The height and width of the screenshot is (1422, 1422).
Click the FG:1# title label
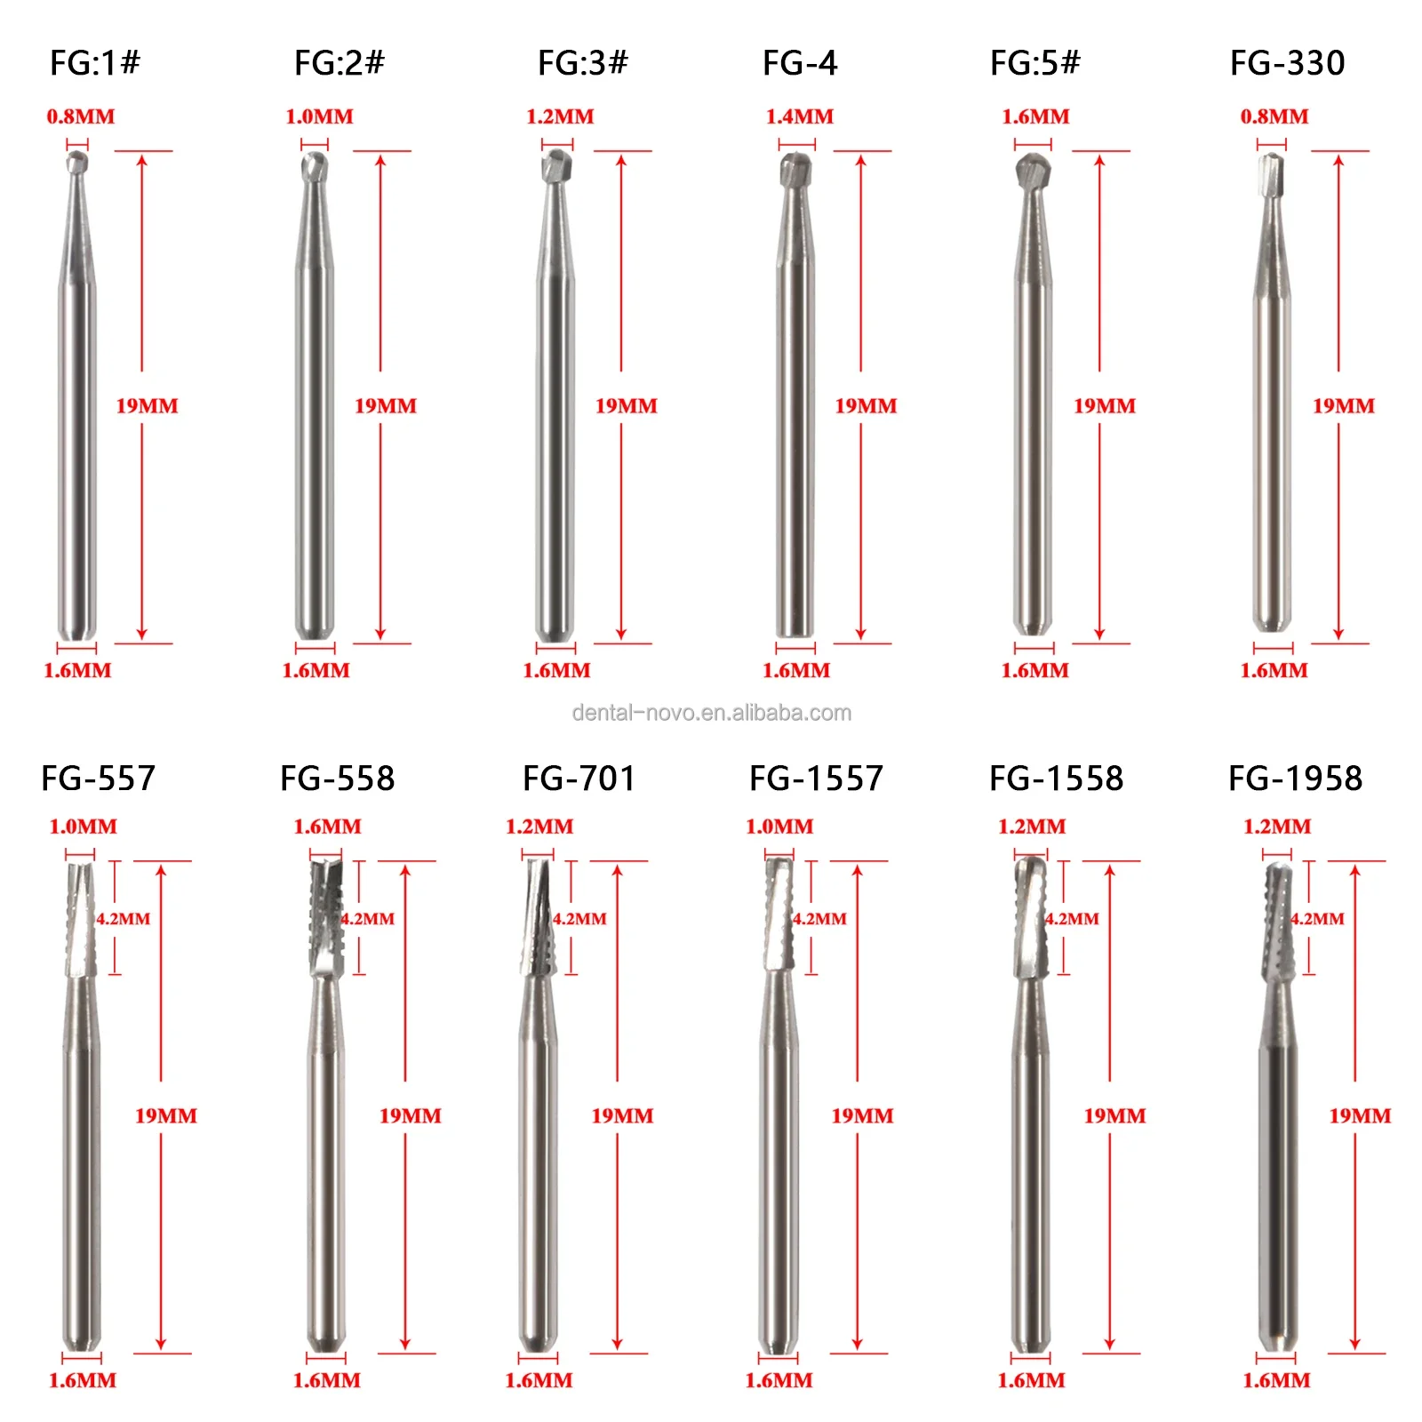point(95,63)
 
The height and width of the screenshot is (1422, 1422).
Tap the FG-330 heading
point(1287,63)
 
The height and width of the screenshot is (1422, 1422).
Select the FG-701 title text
point(579,779)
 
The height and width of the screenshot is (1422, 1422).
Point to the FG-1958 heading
point(1295,779)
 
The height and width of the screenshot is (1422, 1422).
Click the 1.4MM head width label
point(800,116)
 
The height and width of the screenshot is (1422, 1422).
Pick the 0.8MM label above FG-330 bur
point(1274,116)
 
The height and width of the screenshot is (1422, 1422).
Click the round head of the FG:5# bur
point(1033,171)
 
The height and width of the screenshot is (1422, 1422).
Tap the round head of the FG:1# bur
point(77,162)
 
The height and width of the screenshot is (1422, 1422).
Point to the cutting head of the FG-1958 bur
point(1279,923)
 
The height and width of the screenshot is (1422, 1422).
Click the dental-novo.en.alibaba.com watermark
point(711,713)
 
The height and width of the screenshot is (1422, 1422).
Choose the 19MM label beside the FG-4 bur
point(866,406)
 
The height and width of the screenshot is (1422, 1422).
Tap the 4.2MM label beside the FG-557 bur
point(124,919)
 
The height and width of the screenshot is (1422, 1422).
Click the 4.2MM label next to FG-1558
point(1072,919)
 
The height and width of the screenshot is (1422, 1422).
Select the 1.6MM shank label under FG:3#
point(556,671)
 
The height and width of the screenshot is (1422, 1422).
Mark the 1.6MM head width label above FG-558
point(327,827)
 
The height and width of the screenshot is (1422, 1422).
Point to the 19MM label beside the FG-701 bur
point(622,1116)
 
